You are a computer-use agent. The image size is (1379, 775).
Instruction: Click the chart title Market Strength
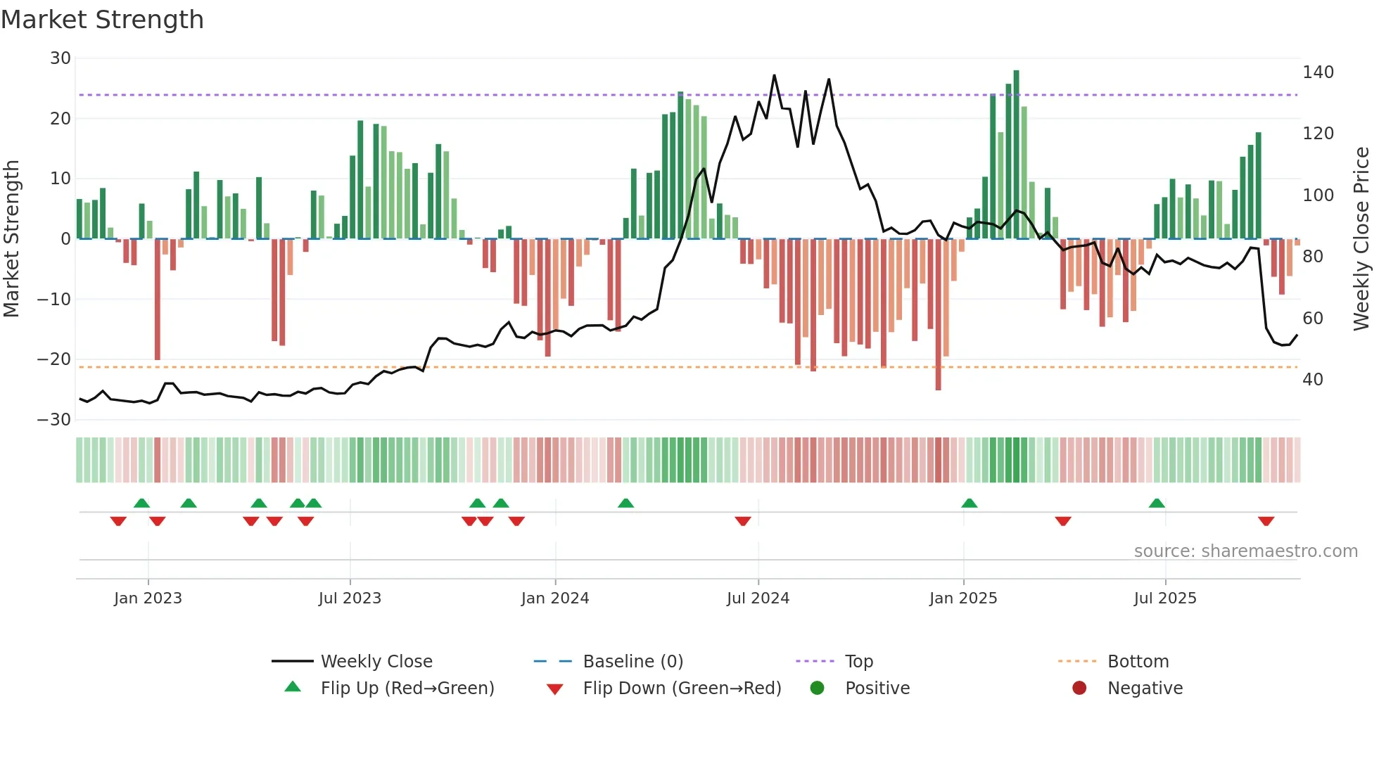coord(102,20)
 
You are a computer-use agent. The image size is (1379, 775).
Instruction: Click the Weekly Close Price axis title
coord(1361,238)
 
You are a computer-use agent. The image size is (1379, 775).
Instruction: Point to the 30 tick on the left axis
coord(61,58)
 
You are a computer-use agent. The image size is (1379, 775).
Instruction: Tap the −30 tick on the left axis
coord(55,420)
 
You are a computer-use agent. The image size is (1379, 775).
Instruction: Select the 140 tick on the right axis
coord(1318,72)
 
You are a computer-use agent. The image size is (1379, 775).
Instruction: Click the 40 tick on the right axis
coord(1313,380)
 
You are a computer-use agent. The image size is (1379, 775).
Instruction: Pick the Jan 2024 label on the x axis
coord(555,598)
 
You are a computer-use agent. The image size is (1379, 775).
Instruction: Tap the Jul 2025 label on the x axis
coord(1165,598)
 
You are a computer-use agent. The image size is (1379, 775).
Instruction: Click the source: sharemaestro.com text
coord(1245,551)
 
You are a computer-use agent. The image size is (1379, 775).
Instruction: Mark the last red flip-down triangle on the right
coord(1266,521)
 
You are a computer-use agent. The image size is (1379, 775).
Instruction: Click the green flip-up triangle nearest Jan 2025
coord(969,503)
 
